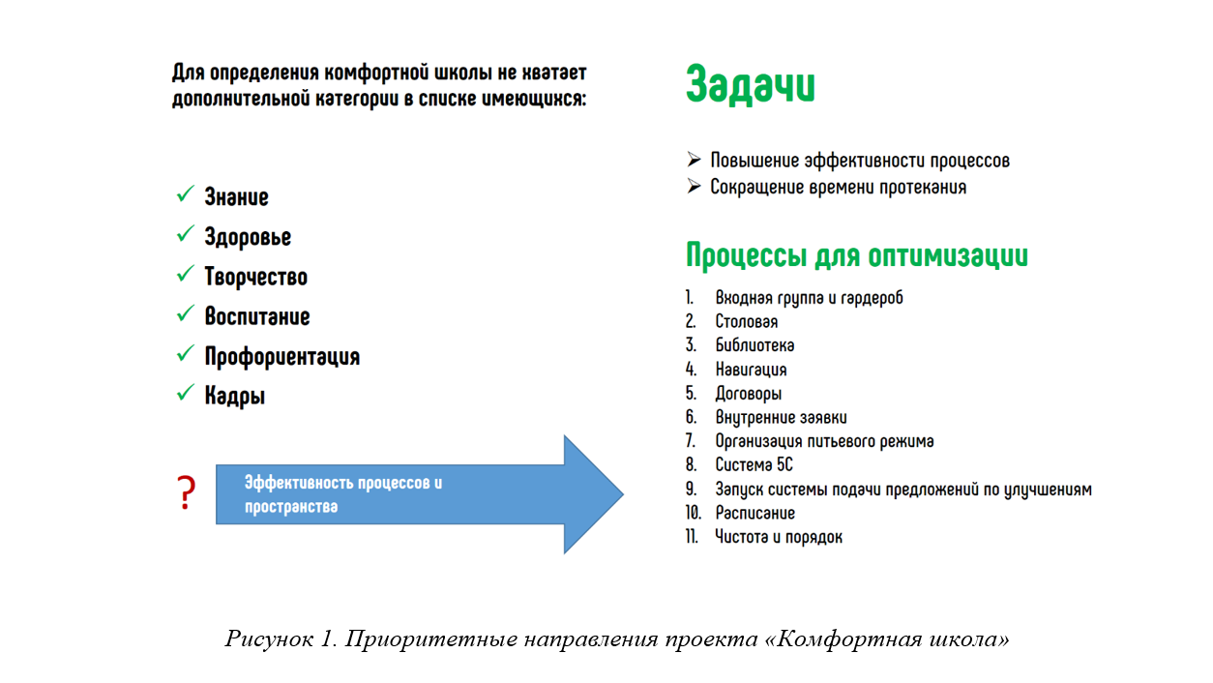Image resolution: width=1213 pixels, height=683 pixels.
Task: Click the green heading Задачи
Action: coord(751,86)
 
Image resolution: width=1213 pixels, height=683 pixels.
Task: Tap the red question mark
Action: coord(186,493)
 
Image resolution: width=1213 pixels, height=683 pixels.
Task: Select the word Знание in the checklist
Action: coord(236,197)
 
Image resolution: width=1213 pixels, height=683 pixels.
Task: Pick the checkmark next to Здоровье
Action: coord(185,236)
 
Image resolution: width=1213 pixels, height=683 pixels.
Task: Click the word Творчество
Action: coord(255,277)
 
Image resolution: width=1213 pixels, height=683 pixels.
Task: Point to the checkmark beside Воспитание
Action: coord(185,315)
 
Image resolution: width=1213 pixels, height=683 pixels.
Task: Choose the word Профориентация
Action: coord(281,356)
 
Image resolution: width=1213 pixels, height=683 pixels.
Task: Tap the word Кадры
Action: coord(234,396)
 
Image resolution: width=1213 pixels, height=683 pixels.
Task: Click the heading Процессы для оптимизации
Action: coord(856,256)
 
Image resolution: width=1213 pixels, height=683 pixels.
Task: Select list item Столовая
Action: coord(746,321)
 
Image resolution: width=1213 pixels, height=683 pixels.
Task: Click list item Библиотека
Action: coord(754,345)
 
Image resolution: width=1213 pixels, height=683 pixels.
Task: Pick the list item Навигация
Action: coord(751,370)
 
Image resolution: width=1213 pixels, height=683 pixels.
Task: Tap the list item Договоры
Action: coord(748,394)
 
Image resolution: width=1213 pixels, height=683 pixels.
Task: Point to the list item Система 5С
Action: coord(754,465)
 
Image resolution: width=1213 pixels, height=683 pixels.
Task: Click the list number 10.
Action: coord(693,513)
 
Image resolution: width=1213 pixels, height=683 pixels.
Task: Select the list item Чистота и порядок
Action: coord(778,537)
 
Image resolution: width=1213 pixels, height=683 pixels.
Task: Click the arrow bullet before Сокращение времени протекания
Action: coord(694,187)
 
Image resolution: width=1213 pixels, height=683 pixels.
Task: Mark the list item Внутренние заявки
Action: coord(781,418)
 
